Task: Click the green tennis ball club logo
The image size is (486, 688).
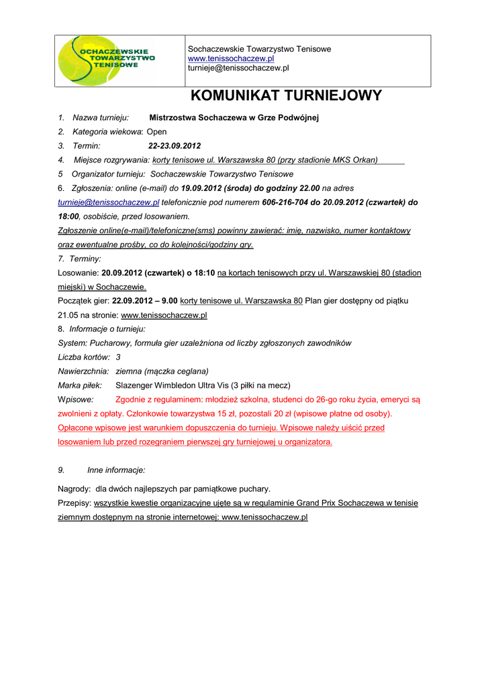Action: tap(107, 60)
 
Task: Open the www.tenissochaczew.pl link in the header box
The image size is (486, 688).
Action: tap(231, 59)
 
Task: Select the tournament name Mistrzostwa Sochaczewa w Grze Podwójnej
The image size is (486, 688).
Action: tap(234, 118)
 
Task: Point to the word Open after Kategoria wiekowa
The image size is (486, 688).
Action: tap(156, 132)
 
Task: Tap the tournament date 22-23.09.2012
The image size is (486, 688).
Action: tap(175, 146)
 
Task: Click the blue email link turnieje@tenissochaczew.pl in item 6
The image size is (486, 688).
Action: tap(109, 202)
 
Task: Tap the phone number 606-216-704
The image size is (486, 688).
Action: tap(285, 202)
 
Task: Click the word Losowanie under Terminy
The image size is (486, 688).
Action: tap(79, 273)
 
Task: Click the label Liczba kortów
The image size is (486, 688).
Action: tap(84, 357)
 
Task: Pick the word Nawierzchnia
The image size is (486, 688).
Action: tap(83, 371)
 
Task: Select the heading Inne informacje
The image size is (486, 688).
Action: tap(116, 470)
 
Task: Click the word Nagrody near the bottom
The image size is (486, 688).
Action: tap(74, 488)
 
